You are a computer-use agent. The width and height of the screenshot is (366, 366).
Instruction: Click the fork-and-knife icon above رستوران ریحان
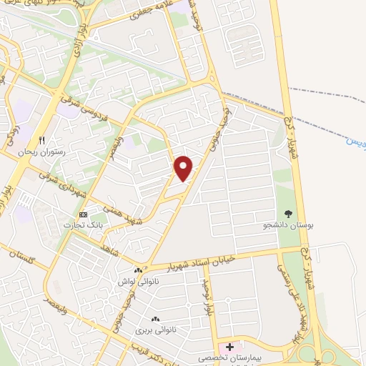(x=42, y=140)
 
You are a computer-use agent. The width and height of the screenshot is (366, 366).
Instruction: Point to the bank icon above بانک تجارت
(x=84, y=214)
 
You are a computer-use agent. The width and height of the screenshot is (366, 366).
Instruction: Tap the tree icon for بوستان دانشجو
(x=288, y=213)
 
